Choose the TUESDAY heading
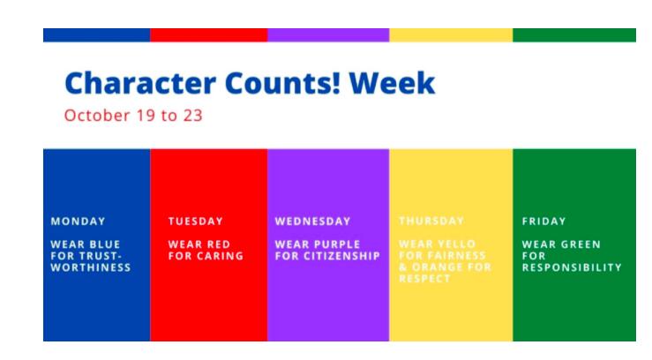tap(195, 221)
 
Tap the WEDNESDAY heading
tap(312, 221)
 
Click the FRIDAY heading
tap(543, 221)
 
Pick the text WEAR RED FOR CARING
tap(205, 250)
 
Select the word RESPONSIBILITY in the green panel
tap(572, 266)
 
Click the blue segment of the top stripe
tap(96, 35)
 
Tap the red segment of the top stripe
tap(208, 35)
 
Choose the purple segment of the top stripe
tap(327, 35)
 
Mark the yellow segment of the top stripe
tap(450, 35)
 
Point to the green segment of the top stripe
tap(573, 35)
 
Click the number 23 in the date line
tap(193, 116)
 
